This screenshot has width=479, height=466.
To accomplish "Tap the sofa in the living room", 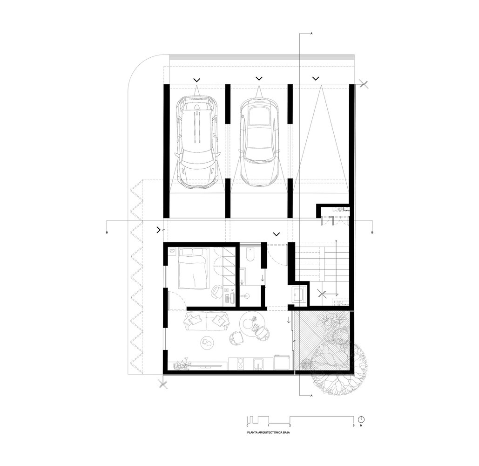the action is click(x=206, y=322).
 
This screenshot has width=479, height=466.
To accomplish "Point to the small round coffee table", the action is click(x=207, y=342).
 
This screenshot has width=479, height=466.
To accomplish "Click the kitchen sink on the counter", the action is click(x=260, y=364).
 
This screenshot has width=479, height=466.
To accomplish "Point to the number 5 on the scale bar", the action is click(x=354, y=425).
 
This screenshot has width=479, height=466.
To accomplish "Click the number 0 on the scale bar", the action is click(x=247, y=425).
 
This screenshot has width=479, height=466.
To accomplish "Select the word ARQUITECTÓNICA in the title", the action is click(x=269, y=433).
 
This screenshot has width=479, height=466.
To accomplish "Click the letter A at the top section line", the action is click(x=311, y=34).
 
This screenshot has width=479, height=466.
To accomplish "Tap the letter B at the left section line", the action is click(x=107, y=233).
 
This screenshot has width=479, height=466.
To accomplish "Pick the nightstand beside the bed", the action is click(x=172, y=252).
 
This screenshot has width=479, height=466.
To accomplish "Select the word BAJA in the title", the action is click(x=286, y=433).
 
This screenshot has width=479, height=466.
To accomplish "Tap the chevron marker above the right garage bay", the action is click(x=316, y=78).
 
